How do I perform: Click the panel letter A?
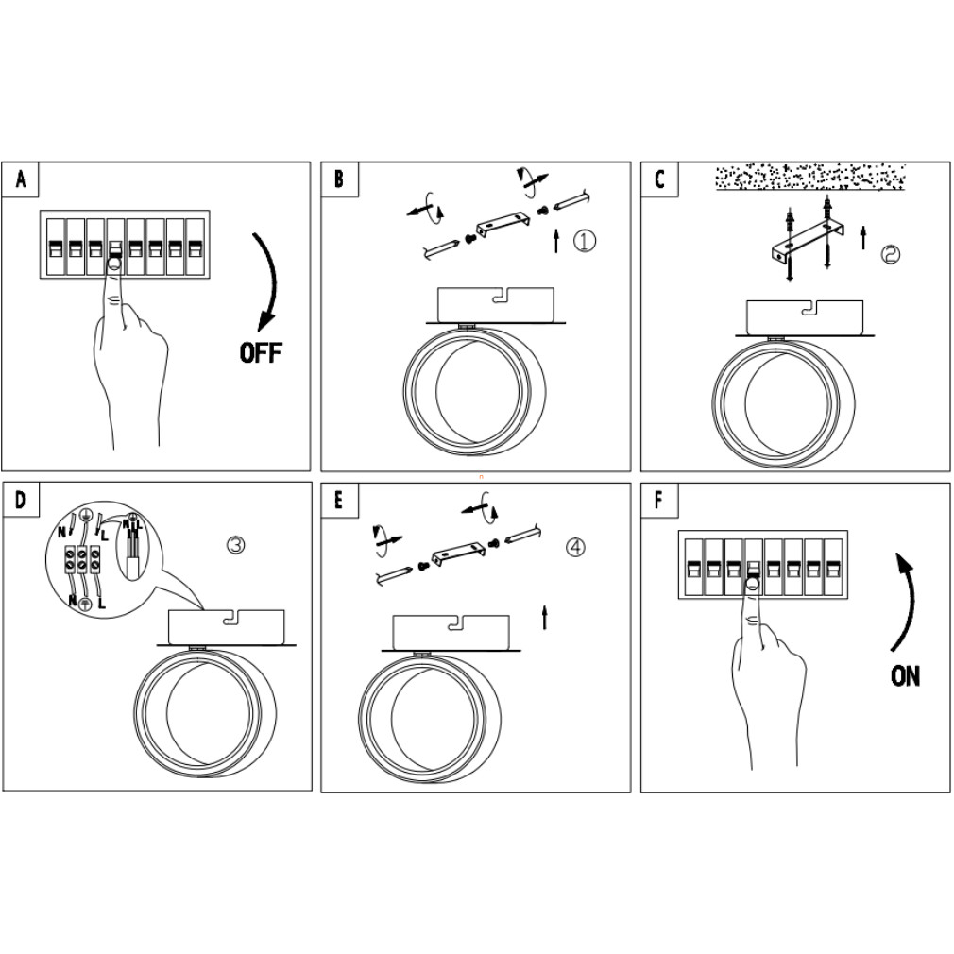coord(21,179)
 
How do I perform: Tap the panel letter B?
coord(340,179)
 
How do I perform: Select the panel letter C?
coord(659,179)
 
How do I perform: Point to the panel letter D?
coord(21,501)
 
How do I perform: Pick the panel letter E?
coord(340,501)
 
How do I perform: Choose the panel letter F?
coord(659,501)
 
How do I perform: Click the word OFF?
coord(261,353)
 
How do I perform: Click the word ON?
coord(905,676)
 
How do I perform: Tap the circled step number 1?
coord(585,241)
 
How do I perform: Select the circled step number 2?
coord(891,254)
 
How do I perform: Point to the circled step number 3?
coord(237,545)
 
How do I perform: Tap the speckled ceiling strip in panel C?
coord(809,177)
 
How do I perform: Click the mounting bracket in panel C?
coord(808,243)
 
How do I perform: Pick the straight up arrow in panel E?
coord(544,619)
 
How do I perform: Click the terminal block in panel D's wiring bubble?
coord(82,559)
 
